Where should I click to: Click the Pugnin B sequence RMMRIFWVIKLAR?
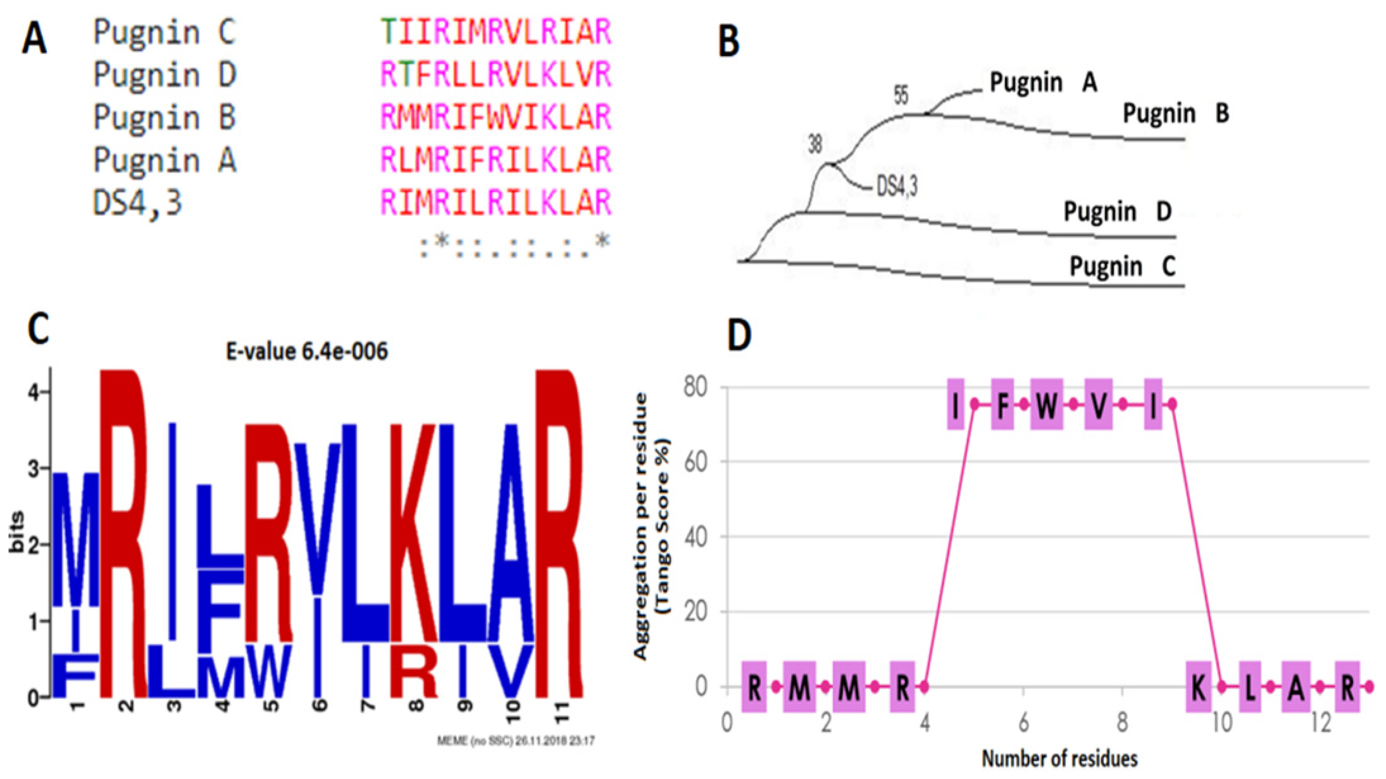pos(496,117)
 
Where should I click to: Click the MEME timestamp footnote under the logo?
pos(515,741)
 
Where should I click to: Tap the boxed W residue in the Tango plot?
pos(1046,405)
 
